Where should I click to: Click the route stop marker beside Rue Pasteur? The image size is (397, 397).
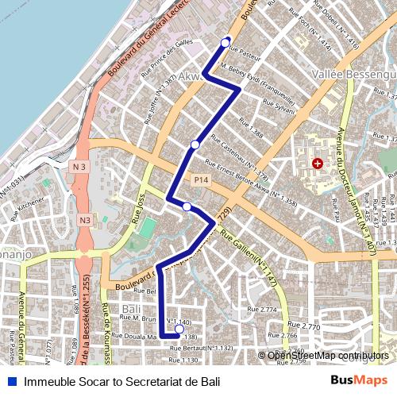pos(225,42)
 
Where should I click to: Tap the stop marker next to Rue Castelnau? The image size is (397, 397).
pos(195,145)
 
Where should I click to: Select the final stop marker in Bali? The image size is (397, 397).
pos(179,329)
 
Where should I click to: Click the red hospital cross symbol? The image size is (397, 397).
pos(318,163)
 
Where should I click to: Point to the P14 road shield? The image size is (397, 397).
pos(200,181)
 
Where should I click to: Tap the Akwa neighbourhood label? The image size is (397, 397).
pos(193,76)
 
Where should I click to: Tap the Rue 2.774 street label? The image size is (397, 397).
pos(262,309)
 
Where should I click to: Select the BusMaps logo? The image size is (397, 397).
pos(359,381)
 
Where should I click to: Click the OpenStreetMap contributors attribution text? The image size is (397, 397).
pos(328,356)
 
